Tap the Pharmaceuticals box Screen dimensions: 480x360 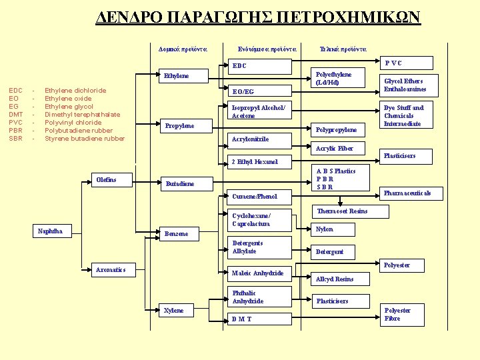point(407,193)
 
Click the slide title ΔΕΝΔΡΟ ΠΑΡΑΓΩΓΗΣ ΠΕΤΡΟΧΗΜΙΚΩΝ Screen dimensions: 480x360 point(259,17)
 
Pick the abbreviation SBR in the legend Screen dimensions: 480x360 point(15,139)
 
